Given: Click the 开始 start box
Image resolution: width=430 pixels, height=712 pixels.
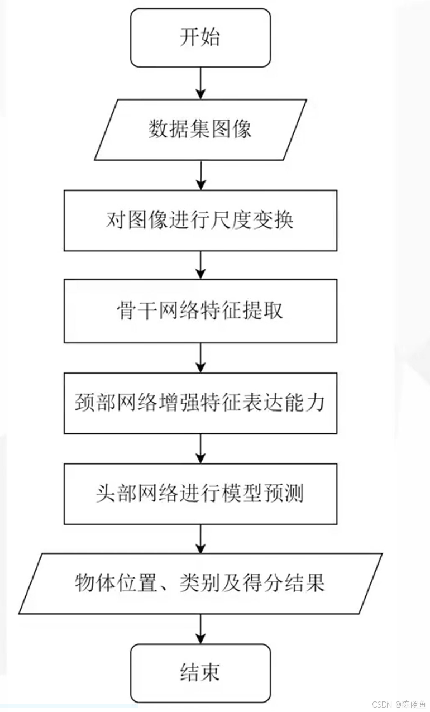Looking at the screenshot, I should click(200, 38).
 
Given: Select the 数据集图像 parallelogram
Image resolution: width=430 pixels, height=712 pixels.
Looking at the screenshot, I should click(200, 129).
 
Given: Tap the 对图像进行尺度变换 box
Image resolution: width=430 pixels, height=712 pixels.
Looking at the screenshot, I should click(200, 220).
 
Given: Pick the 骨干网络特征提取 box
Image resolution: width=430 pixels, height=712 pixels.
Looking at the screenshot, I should click(200, 311).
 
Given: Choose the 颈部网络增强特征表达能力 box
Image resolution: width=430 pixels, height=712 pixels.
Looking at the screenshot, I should click(200, 402).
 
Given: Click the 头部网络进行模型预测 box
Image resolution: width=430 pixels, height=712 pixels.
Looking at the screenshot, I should click(200, 494).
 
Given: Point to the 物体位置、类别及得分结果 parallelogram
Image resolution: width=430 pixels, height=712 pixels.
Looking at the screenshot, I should click(200, 584).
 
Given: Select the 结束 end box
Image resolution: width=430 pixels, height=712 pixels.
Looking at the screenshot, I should click(200, 673).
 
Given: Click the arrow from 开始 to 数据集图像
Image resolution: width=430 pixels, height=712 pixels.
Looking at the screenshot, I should click(200, 83).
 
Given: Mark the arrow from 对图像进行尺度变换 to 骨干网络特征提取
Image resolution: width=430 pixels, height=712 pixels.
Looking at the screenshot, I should click(200, 265).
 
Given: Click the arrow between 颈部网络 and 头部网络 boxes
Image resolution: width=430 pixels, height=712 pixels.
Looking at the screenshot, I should click(200, 447).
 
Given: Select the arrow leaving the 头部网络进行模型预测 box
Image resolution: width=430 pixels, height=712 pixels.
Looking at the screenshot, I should click(200, 538).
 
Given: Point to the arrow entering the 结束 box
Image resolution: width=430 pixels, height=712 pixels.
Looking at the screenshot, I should click(200, 629).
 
